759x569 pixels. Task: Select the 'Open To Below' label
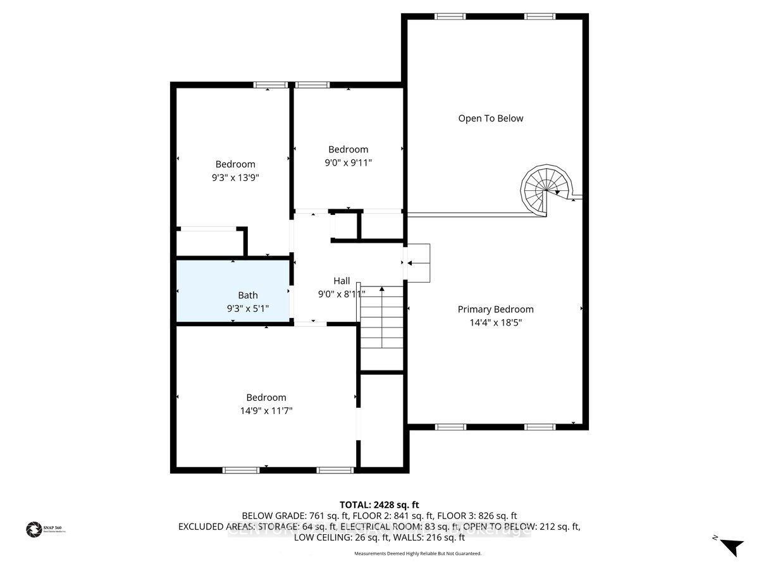click(x=491, y=118)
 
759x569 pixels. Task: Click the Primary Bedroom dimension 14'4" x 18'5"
click(x=495, y=322)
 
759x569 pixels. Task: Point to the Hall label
click(x=342, y=281)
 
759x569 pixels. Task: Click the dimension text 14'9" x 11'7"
click(x=266, y=411)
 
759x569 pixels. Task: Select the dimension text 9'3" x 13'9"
click(x=235, y=178)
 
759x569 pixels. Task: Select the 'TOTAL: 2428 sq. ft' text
click(x=379, y=505)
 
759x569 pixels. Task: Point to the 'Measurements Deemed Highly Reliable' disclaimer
click(x=417, y=553)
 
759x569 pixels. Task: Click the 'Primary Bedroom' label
click(x=495, y=309)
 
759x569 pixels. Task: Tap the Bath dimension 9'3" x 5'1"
click(x=248, y=309)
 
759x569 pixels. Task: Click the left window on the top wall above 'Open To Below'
click(x=450, y=16)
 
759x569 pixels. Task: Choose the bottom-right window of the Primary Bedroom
click(x=540, y=427)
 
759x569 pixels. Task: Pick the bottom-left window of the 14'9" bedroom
click(x=241, y=470)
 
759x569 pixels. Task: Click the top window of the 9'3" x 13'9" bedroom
click(x=270, y=85)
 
